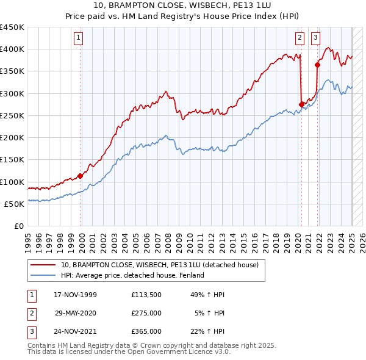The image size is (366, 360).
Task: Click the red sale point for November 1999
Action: coord(81,176)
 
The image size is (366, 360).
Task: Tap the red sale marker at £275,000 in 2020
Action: coord(301,104)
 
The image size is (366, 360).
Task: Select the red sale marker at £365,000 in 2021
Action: coord(317,65)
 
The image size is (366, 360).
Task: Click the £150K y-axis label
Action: coord(12,160)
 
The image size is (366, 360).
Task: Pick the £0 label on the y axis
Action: coord(19,226)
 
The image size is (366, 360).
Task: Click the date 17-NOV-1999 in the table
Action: coord(75,295)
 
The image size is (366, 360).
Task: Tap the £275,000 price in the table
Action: coord(146,313)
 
